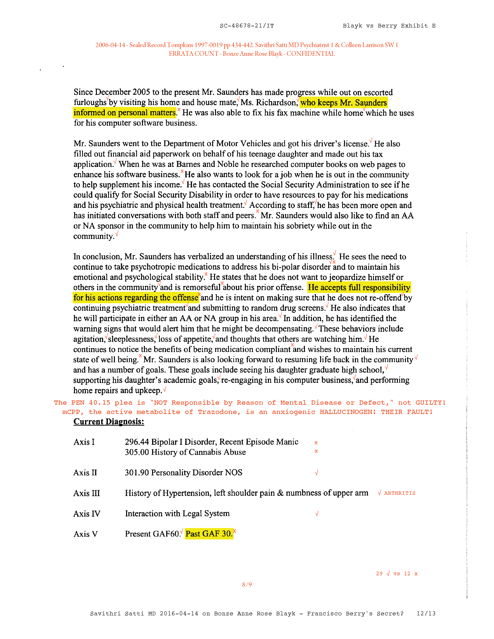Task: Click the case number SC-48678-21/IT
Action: tap(247, 26)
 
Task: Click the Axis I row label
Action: tap(84, 442)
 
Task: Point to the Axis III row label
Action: tap(87, 493)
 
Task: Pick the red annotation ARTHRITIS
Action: tap(400, 493)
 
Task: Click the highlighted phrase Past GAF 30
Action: tap(209, 534)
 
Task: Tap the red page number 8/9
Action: tap(247, 585)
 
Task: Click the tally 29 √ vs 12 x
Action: tap(397, 574)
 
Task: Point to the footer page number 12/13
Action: tap(426, 614)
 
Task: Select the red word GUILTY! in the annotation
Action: tap(430, 403)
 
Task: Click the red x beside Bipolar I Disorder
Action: tap(316, 443)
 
